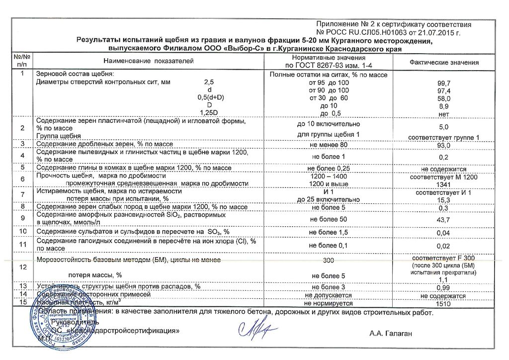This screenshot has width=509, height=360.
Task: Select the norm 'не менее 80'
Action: tap(329, 145)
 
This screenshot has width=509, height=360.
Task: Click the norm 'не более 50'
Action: tap(329, 219)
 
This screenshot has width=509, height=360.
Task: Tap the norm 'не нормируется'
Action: tap(329, 303)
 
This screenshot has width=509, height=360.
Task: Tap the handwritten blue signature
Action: tap(253, 328)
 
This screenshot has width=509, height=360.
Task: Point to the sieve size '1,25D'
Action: tap(208, 113)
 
